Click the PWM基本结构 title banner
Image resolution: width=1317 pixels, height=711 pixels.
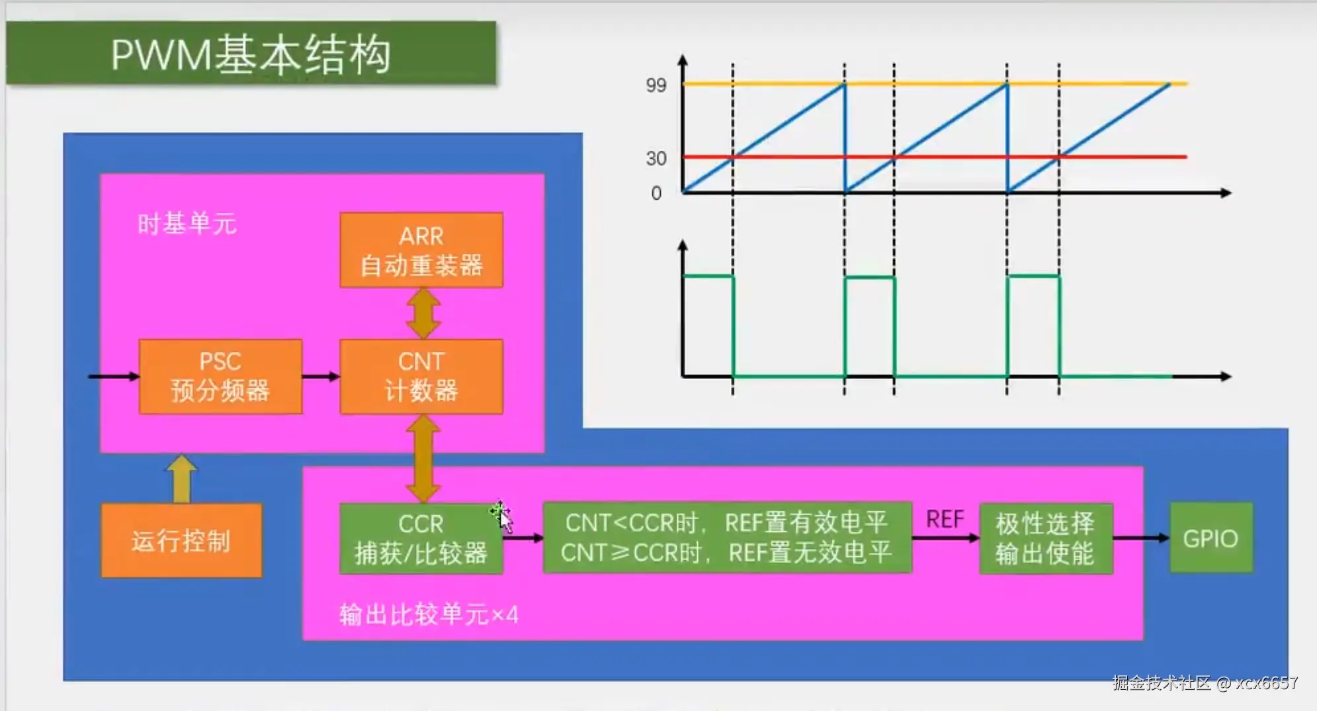(x=251, y=54)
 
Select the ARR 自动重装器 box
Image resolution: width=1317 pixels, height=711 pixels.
(x=421, y=251)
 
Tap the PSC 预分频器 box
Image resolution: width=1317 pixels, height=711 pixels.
(x=220, y=376)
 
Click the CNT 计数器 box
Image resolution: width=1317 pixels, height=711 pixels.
(x=421, y=376)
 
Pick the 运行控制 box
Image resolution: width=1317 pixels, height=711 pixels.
(x=181, y=540)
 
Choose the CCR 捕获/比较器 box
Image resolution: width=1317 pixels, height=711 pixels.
(x=421, y=538)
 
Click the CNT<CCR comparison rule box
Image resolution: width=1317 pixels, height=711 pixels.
(x=727, y=538)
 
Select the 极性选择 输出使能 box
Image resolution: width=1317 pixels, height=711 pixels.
(x=1045, y=538)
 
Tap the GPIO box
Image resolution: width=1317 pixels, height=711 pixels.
(x=1211, y=538)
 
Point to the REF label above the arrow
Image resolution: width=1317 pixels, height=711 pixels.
(x=945, y=520)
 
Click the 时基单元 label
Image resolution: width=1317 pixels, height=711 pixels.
(x=187, y=224)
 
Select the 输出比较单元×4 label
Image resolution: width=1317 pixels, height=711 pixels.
(x=429, y=615)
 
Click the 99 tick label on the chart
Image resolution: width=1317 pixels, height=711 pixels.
(x=656, y=85)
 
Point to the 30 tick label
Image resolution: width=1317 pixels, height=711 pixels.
(x=656, y=159)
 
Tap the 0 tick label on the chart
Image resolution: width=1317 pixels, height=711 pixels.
(x=656, y=193)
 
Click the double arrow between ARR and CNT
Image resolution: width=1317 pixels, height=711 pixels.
(x=423, y=314)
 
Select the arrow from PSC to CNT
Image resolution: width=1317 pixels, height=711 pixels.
(x=321, y=377)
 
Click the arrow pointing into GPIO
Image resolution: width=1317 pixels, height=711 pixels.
(x=1141, y=538)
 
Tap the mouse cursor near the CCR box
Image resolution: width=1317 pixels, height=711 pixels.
(x=503, y=517)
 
